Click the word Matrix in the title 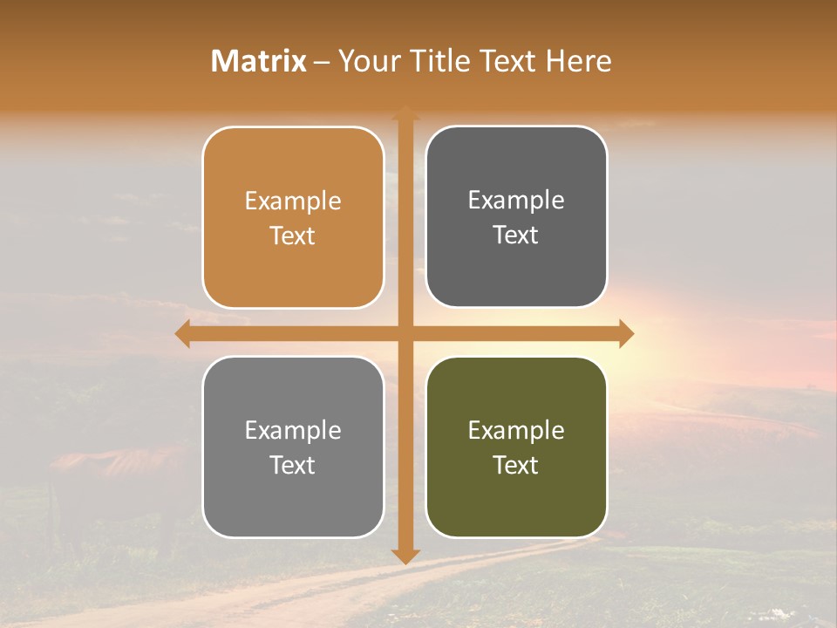click(259, 61)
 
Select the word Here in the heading click(579, 61)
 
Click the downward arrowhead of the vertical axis click(405, 556)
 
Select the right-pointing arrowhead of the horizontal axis click(625, 333)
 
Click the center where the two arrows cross click(405, 333)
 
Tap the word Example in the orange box click(293, 201)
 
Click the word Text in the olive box click(516, 466)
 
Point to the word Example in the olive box click(516, 431)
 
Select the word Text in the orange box click(293, 236)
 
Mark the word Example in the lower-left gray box click(293, 431)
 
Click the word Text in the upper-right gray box click(516, 235)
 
